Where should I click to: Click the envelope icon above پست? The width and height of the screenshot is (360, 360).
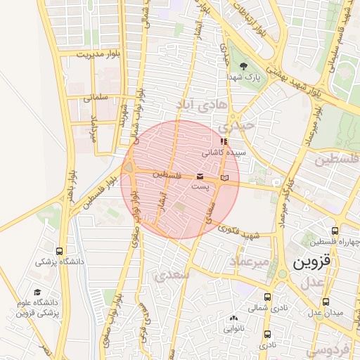200,175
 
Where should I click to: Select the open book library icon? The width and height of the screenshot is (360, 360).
224,176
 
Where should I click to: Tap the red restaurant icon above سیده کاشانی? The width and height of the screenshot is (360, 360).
224,141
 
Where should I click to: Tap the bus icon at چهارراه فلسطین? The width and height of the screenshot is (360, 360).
335,231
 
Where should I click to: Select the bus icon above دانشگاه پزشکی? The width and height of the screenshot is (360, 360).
59,251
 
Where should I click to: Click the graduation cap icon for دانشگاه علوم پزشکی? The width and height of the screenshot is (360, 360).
37,292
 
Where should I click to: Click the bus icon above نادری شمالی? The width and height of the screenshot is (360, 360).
267,297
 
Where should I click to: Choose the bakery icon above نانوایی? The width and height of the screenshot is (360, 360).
235,317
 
